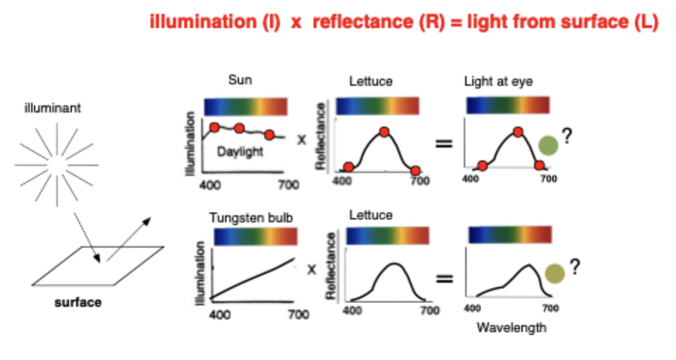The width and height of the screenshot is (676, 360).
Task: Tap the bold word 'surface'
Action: [x=78, y=303]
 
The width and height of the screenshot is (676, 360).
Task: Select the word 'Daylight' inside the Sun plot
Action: [x=240, y=152]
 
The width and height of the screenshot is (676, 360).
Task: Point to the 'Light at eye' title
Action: [x=498, y=82]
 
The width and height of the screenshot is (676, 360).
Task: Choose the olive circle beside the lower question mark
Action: [x=554, y=274]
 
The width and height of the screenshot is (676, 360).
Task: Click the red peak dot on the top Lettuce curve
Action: [x=384, y=131]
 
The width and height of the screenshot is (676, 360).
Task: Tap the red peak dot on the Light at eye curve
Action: [x=518, y=132]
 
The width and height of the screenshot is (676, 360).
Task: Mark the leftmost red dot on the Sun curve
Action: [x=214, y=127]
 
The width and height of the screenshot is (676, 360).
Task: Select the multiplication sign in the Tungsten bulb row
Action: [x=312, y=269]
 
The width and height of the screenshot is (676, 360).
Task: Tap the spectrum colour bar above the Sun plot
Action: [x=245, y=106]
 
